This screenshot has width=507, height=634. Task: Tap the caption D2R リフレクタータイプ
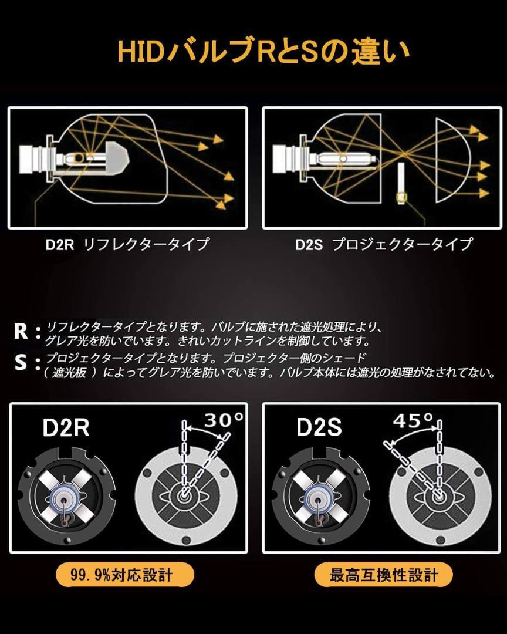click(x=127, y=244)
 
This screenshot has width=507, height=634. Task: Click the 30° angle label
click(x=224, y=420)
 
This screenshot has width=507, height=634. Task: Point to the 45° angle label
click(x=414, y=421)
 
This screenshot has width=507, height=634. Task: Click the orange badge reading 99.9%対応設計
click(x=124, y=574)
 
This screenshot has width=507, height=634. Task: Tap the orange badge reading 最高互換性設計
click(x=384, y=574)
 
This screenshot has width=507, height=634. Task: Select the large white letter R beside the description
click(x=21, y=332)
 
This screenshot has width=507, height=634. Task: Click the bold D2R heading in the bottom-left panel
click(x=66, y=428)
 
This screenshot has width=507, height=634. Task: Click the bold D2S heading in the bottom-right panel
click(x=319, y=428)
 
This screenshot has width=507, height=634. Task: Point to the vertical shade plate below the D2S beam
click(x=402, y=182)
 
